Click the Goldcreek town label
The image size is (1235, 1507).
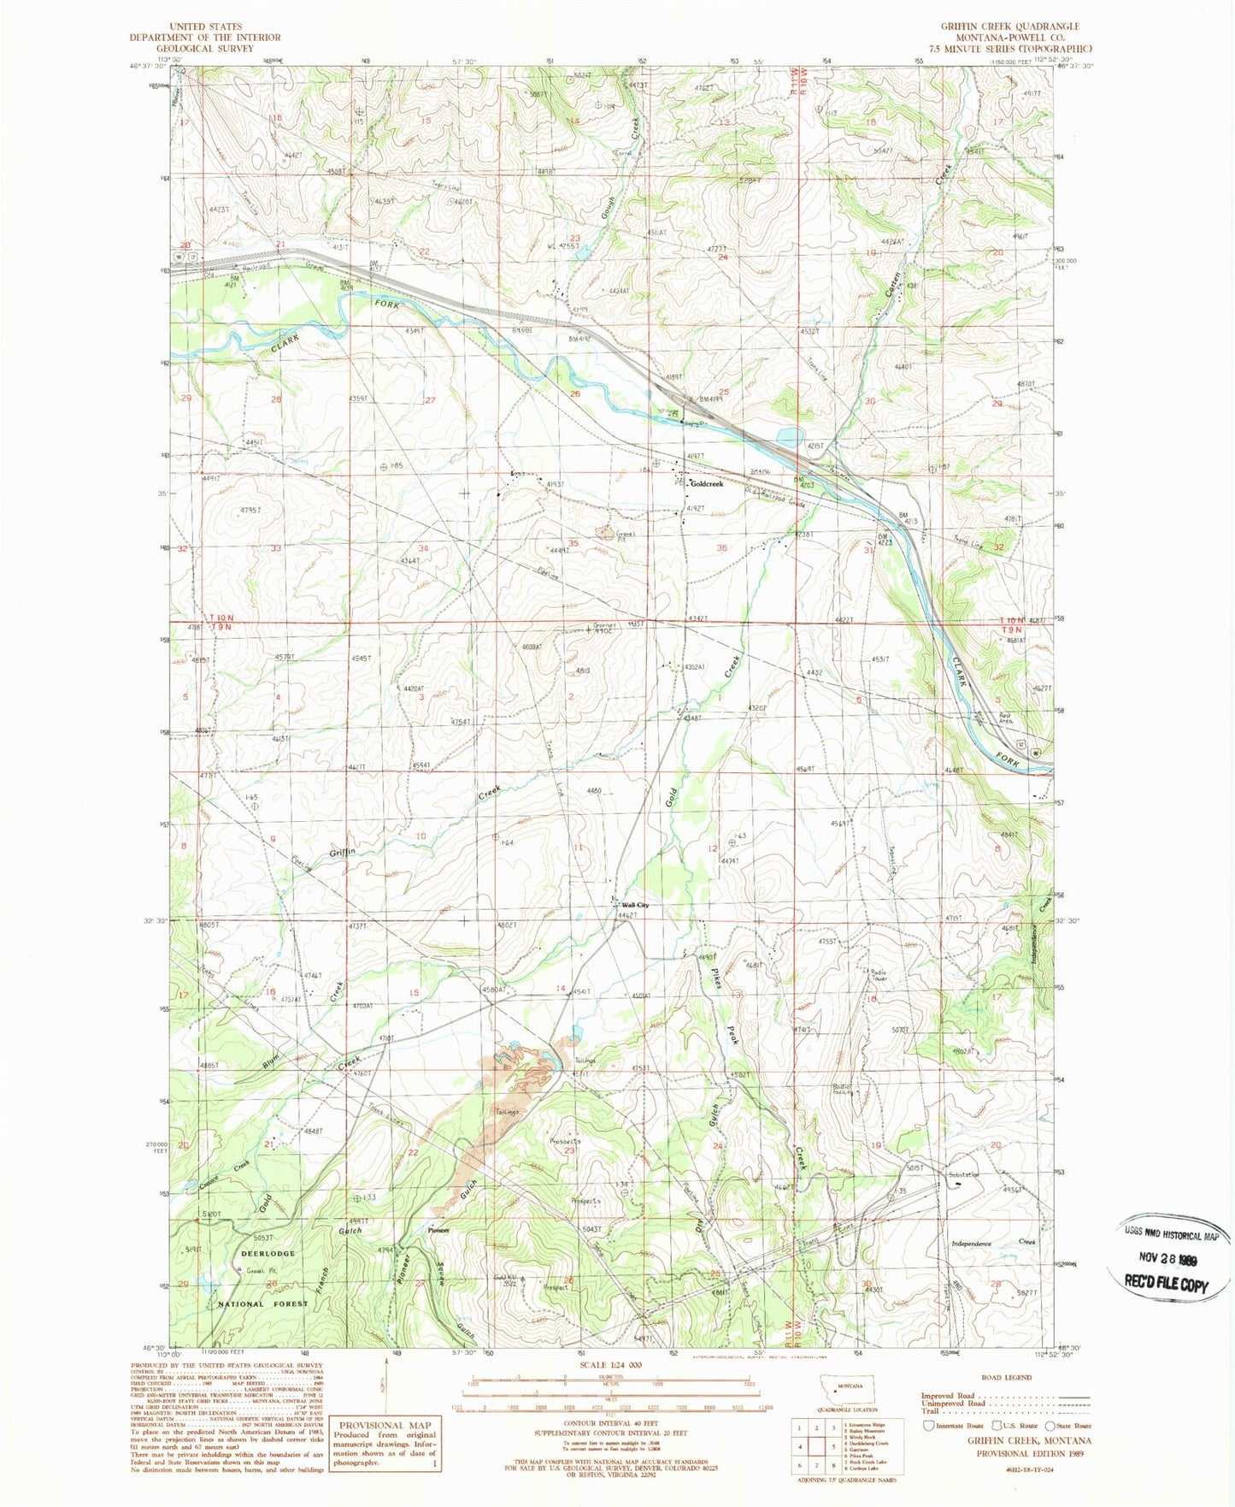tap(706, 484)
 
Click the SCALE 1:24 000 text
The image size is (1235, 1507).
tap(611, 1366)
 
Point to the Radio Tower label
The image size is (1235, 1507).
tap(878, 975)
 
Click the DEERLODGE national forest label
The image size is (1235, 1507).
tap(268, 1253)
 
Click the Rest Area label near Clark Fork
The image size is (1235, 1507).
tap(1006, 718)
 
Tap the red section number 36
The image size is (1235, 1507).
tap(722, 548)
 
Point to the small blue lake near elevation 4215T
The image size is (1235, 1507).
tap(787, 437)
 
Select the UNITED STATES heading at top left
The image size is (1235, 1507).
tap(205, 27)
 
